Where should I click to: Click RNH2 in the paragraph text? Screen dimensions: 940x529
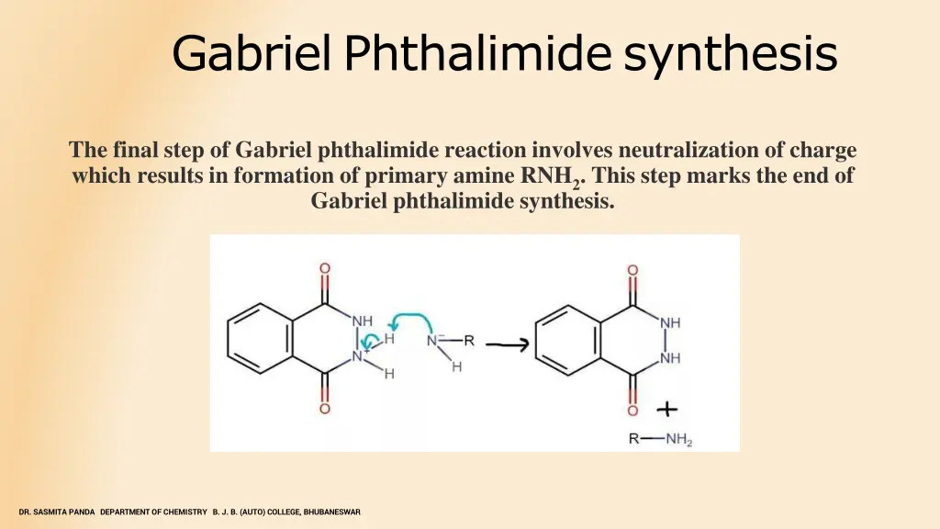tap(549, 176)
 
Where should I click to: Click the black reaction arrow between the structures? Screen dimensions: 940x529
tap(507, 345)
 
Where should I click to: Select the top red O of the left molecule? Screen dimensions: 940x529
tap(325, 269)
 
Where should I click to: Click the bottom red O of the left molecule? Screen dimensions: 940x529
tap(325, 409)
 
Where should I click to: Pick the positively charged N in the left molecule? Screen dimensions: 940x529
tap(358, 355)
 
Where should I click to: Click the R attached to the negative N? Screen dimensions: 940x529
tap(468, 341)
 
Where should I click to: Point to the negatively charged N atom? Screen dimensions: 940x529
tap(433, 341)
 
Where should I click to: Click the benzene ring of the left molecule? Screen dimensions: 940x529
tap(259, 339)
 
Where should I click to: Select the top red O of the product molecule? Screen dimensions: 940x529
tap(632, 271)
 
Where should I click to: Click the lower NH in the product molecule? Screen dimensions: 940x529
tap(670, 358)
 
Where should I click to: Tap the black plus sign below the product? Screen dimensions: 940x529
tap(667, 410)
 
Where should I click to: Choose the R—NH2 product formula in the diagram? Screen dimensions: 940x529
tap(660, 439)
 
